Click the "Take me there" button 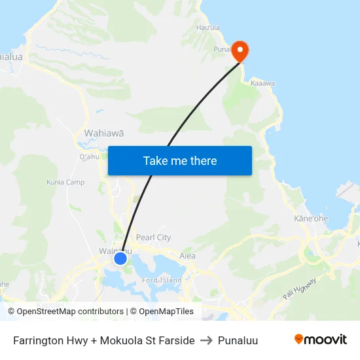[180, 161]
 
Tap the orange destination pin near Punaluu [240, 50]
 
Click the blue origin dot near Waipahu [120, 259]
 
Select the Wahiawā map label [103, 133]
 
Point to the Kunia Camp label [65, 182]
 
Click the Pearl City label [153, 238]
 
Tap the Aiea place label [187, 256]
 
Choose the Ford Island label [162, 281]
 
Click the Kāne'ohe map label [311, 218]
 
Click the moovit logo [320, 340]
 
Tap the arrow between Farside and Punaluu [206, 340]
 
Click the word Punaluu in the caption [238, 340]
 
